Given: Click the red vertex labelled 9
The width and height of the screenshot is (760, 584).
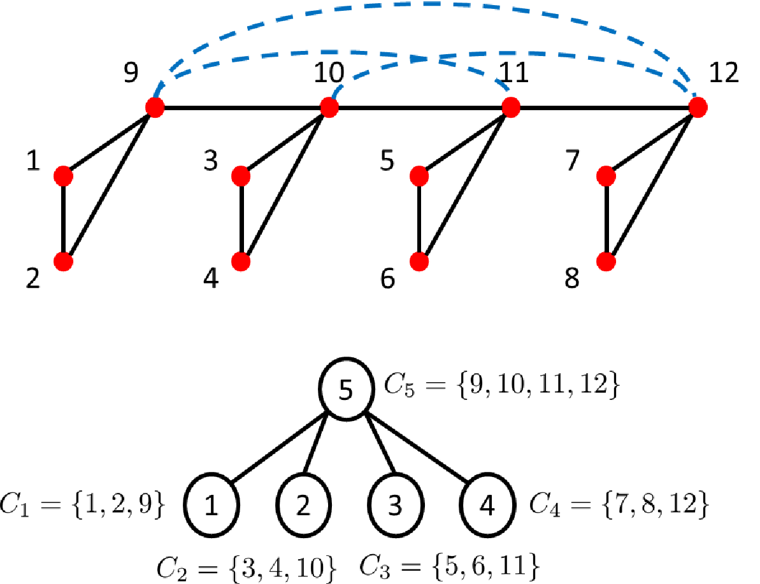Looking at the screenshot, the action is pos(155,107).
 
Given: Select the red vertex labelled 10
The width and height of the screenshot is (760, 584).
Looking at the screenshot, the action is pos(329,107).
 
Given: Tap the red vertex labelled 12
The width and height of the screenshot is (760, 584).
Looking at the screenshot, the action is pos(698,107).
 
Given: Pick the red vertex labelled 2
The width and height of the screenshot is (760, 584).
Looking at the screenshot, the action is pos(64,262).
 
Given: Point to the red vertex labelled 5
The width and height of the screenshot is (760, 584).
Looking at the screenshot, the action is pos(419,176).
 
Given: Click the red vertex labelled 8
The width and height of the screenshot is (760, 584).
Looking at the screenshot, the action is pos(606,262).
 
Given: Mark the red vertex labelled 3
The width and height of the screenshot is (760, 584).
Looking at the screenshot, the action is pos(241,176).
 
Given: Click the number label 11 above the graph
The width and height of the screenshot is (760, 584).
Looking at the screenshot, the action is pos(513,73).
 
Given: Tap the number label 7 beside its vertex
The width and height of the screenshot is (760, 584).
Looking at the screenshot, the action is pos(573,160).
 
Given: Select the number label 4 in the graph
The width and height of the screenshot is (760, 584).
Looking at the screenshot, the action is pos(211,279).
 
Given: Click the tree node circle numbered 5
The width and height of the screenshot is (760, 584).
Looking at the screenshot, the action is pos(347,388).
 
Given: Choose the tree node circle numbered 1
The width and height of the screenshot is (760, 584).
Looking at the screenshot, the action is pos(212,504).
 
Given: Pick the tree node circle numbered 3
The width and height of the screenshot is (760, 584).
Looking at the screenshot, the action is pos(396,504).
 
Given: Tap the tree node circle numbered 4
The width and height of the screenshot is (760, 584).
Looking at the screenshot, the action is pos(487,504).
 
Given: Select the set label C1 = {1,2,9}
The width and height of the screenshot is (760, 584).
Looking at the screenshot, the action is pos(83,504).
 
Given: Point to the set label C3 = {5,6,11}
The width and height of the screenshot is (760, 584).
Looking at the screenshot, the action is pos(449,566).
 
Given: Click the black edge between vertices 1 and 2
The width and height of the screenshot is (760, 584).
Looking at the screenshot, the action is pos(64,219).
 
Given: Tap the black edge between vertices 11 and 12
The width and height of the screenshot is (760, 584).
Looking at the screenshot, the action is pos(605,107).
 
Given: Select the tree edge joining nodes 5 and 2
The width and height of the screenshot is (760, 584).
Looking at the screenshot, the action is pos(315,443).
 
